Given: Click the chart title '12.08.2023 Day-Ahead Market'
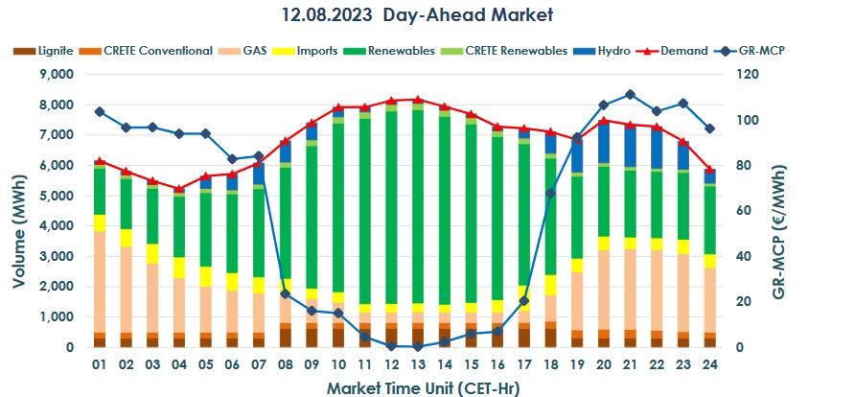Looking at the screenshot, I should pos(418,15).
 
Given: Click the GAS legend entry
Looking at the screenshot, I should pos(252,51).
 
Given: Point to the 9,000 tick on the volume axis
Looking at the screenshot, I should pos(54,74).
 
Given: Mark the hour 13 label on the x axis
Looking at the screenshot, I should pos(417,365).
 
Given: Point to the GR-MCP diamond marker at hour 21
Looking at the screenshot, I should pos(630,94).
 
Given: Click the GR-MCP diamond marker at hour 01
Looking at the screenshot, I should pos(100,111).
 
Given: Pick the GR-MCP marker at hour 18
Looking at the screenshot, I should pos(549,193).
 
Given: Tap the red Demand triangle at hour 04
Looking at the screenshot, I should pos(179,188).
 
